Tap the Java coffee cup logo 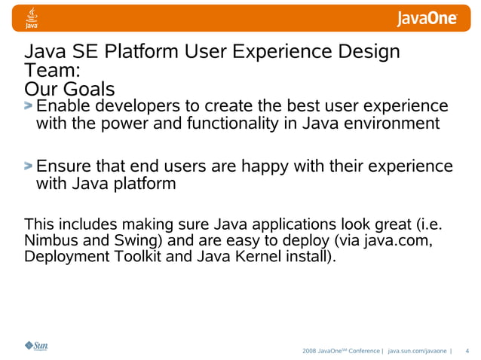coord(32,17)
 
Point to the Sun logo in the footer coord(35,346)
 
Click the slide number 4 coord(467,351)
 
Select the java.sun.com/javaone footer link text coord(416,351)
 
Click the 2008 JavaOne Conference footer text coord(341,351)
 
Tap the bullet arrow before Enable coord(29,106)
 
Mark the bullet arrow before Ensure coord(29,166)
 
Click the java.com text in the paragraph coord(394,241)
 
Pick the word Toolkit coord(135,258)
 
